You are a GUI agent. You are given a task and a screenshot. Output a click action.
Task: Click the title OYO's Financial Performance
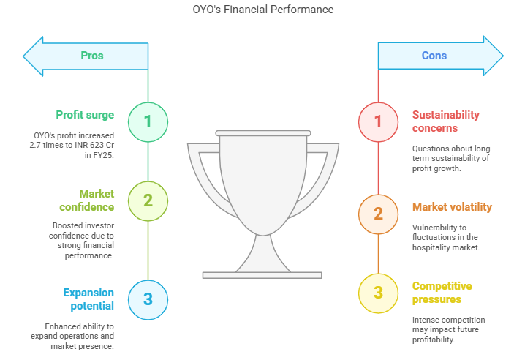[263, 10]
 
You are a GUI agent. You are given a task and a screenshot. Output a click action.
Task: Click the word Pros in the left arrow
[92, 56]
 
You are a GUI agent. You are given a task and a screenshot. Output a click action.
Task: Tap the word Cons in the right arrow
[434, 56]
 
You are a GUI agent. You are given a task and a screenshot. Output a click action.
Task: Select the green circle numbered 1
[148, 122]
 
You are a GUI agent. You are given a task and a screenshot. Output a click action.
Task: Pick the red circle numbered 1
[378, 122]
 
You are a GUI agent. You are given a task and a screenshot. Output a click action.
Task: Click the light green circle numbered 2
[148, 200]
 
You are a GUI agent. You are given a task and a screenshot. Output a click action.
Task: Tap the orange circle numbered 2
[378, 214]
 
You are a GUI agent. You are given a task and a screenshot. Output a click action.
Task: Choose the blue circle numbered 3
[148, 299]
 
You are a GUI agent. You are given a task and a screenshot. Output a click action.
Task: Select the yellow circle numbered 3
[378, 293]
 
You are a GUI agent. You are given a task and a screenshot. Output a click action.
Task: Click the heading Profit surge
[85, 115]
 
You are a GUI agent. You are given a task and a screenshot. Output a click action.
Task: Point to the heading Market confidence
[87, 200]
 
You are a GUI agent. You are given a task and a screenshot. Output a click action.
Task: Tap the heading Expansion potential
[88, 299]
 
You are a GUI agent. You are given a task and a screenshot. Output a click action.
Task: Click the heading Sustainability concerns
[446, 121]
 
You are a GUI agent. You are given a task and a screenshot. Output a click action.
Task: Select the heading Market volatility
[452, 207]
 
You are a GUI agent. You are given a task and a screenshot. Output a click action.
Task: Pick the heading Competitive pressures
[442, 293]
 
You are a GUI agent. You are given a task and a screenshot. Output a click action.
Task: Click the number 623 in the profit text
[97, 145]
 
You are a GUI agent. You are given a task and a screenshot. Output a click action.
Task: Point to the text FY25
[103, 155]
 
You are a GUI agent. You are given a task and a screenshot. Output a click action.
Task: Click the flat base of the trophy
[262, 275]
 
